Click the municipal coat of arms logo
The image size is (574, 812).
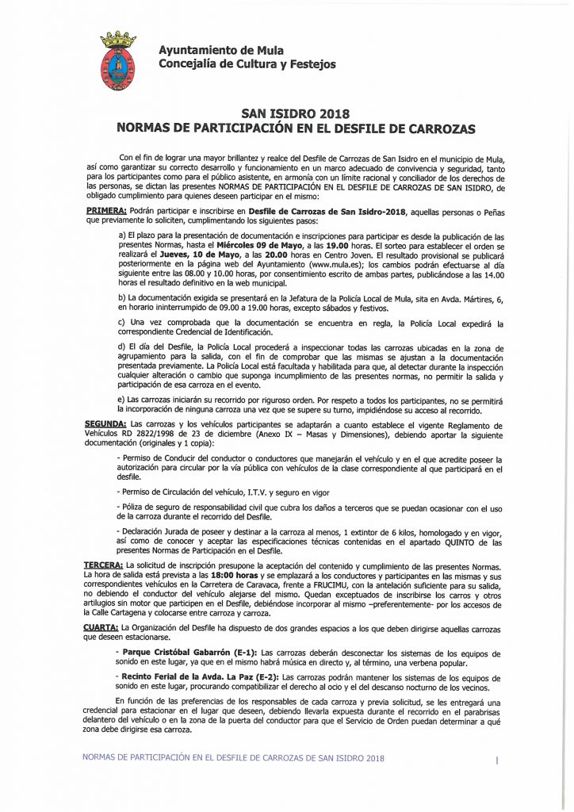click(117, 59)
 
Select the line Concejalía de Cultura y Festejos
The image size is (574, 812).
click(247, 64)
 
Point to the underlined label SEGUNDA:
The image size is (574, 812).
click(106, 424)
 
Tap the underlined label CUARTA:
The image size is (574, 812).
click(101, 626)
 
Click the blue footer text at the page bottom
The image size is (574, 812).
click(233, 757)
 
